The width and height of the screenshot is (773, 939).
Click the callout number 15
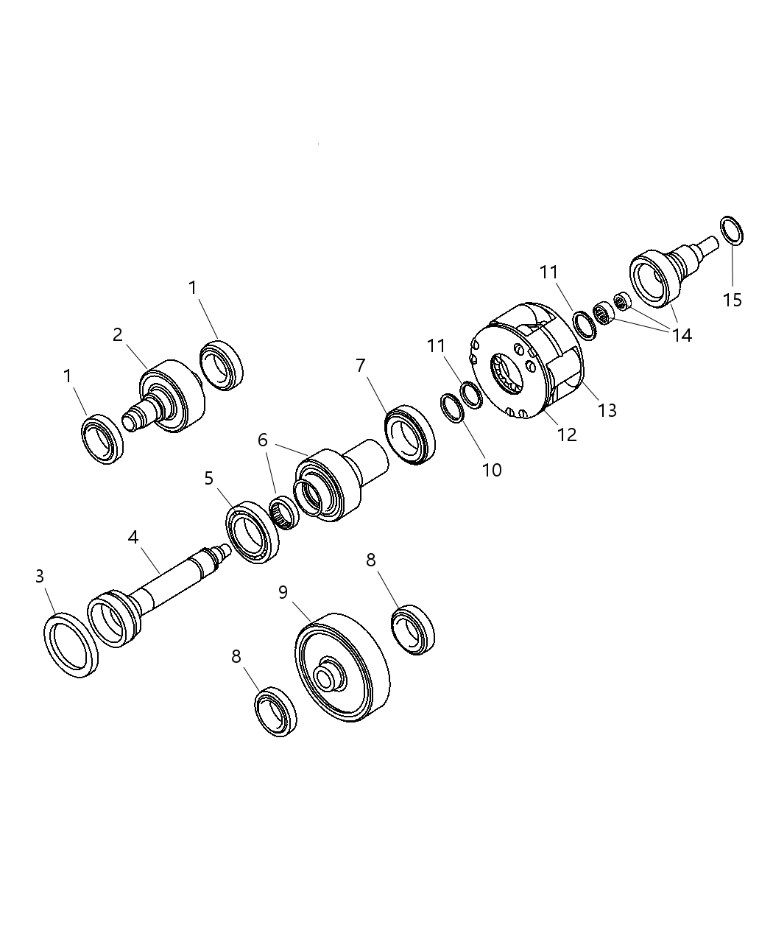pos(732,300)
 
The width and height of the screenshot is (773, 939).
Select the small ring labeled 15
pos(732,231)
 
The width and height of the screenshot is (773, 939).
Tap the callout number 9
pos(283,592)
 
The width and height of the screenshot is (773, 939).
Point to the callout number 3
pos(40,576)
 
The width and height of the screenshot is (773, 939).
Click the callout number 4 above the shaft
pos(133,537)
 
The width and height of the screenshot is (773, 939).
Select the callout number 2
pos(118,334)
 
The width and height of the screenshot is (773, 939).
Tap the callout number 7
pos(360,365)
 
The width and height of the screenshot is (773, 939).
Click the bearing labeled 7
pos(410,435)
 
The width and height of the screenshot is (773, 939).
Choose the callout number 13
pos(607,410)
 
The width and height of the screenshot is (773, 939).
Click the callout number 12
pos(567,435)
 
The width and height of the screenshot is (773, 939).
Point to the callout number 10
pos(492,469)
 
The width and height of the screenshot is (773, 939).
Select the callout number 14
pos(681,335)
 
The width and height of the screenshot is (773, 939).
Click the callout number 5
pos(209,479)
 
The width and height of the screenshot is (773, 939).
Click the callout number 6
pos(262,440)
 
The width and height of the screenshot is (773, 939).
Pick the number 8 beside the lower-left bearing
pos(236,656)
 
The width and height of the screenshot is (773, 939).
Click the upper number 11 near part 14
pos(549,272)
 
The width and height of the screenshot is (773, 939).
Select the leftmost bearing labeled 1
pos(102,440)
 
